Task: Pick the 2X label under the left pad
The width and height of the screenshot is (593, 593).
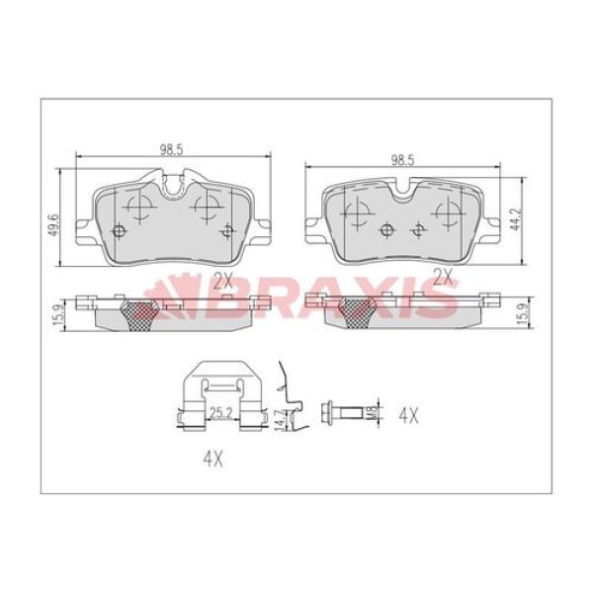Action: (222, 281)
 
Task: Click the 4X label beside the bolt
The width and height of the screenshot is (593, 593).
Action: (407, 413)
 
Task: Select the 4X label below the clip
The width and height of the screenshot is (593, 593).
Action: (211, 459)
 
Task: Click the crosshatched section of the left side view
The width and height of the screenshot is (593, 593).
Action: (139, 314)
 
